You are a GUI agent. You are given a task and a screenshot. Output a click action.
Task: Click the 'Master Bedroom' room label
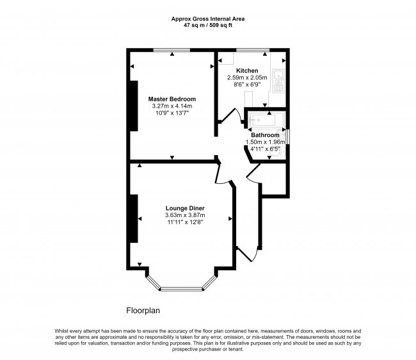(x=172, y=99)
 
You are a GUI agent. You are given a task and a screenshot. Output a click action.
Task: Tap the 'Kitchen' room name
(x=247, y=70)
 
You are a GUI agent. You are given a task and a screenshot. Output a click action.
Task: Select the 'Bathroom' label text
(x=264, y=136)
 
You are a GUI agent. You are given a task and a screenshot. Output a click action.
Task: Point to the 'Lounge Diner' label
(x=185, y=209)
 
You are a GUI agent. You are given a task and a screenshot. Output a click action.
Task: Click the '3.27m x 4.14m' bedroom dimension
(x=172, y=106)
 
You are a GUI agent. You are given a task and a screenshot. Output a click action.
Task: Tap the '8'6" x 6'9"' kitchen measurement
(x=247, y=85)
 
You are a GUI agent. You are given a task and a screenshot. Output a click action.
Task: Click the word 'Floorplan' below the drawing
(x=142, y=310)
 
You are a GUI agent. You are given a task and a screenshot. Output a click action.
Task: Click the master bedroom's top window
(x=172, y=50)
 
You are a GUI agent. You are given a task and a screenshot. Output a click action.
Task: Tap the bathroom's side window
(x=287, y=136)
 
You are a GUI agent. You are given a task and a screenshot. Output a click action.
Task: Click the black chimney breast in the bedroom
(x=133, y=105)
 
